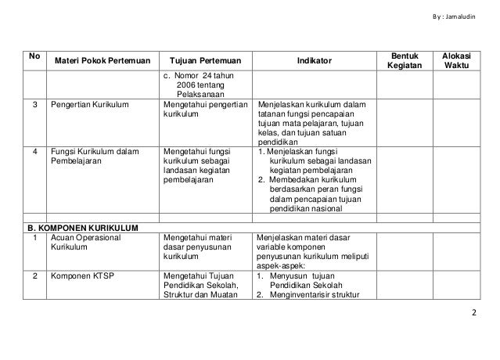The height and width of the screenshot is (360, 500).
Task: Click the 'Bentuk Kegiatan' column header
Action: (x=405, y=60)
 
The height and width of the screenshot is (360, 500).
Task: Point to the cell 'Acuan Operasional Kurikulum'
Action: (x=86, y=243)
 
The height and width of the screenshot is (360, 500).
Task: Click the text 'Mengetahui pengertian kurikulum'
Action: (x=205, y=108)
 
